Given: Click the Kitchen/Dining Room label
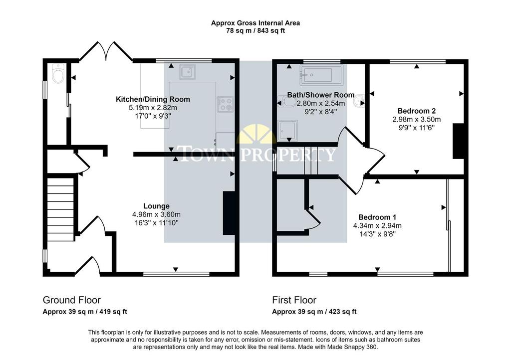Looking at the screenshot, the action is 153,99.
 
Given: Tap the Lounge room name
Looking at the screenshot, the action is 156,206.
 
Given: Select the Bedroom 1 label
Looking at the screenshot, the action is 377,217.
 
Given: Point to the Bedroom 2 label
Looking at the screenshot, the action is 417,111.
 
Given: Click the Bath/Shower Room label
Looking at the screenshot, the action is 321,95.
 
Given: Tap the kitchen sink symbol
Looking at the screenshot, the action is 188,72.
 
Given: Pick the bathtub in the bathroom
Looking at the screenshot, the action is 321,75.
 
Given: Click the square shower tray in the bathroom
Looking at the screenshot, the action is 287,131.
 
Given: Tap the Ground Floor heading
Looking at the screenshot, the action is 72,300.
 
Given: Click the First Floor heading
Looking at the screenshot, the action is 294,300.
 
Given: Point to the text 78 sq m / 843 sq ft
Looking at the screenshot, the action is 255,31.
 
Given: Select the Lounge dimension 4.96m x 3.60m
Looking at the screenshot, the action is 156,214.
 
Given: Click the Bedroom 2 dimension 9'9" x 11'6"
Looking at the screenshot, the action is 417,128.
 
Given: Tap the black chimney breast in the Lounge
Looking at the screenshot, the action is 230,213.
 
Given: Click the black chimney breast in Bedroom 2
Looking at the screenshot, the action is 459,141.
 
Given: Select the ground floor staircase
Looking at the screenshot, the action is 60,208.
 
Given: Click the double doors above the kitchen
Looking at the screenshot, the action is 106,51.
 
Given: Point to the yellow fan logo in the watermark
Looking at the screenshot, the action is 255,134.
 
